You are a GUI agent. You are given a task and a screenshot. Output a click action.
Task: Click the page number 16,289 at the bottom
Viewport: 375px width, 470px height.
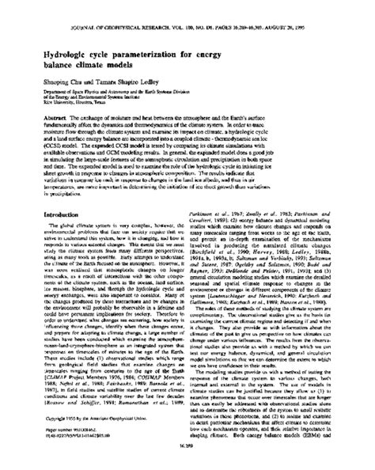pos(187,461)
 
